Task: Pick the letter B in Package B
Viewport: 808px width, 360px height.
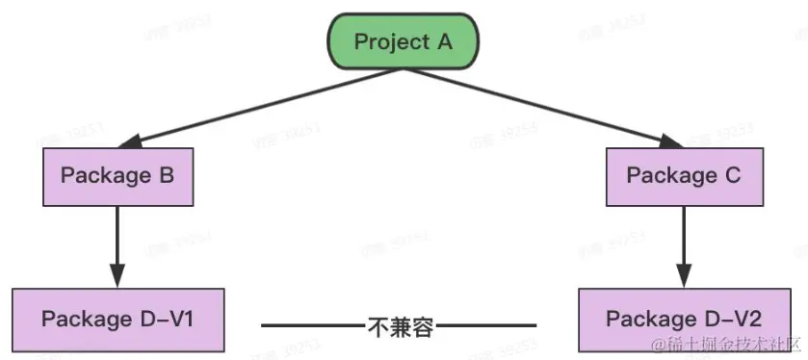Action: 165,176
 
